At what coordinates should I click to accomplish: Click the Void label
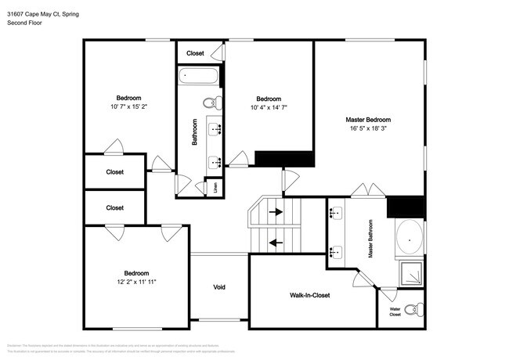point(219,287)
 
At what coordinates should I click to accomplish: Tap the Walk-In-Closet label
point(310,295)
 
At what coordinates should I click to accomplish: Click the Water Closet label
point(395,311)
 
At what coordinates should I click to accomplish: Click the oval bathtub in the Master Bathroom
point(410,238)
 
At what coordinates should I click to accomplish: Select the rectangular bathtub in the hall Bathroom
point(199,77)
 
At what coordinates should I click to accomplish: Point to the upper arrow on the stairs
point(275,211)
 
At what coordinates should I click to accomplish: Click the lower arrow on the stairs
point(275,242)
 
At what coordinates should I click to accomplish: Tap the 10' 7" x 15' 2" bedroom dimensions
point(128,106)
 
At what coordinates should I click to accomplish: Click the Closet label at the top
point(195,53)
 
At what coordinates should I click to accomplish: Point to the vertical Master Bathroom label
point(371,239)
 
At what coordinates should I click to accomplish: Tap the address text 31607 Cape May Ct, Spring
point(43,14)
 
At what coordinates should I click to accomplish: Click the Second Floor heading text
point(24,23)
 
